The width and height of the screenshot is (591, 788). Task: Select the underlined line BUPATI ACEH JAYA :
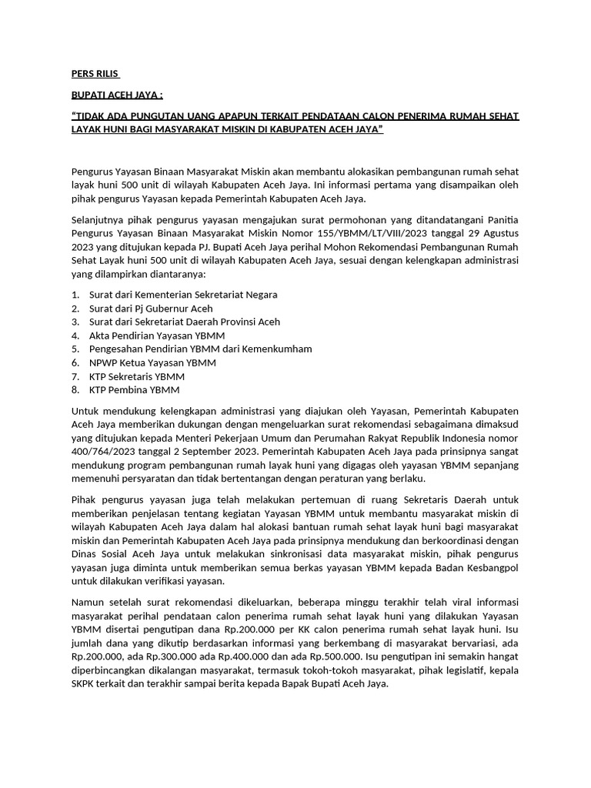pyautogui.click(x=117, y=95)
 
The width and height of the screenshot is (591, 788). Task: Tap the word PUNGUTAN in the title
pyautogui.click(x=163, y=116)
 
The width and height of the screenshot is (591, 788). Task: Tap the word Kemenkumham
pyautogui.click(x=278, y=349)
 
